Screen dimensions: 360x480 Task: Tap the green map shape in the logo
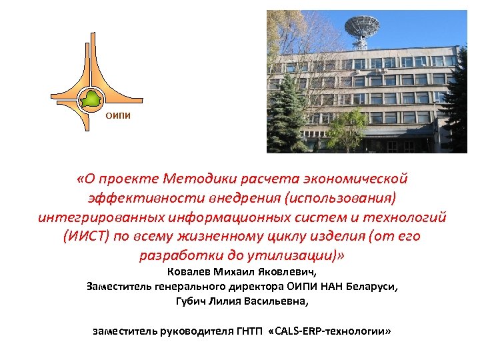point(91,100)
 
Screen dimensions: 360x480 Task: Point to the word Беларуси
point(370,287)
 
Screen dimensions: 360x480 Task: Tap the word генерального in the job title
point(190,287)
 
